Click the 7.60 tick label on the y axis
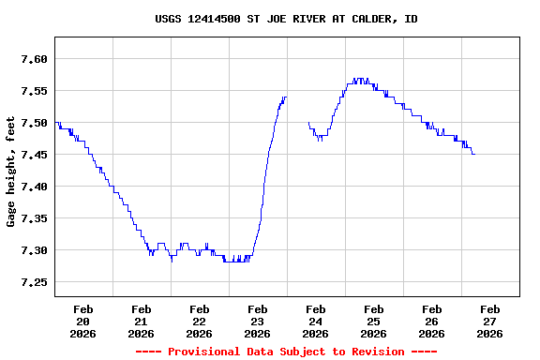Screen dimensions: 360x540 (34, 59)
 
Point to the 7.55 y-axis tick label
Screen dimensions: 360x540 (34, 91)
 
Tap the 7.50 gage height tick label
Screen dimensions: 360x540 (34, 123)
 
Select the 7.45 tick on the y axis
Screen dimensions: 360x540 (34, 155)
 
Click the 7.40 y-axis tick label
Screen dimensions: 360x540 (34, 187)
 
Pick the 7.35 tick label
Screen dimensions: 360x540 (34, 218)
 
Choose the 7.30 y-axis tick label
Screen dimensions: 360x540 (34, 250)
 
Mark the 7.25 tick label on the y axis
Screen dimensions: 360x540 (34, 282)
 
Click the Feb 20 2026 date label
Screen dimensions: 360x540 (83, 321)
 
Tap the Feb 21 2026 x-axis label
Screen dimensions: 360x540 (142, 321)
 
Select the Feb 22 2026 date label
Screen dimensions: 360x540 (200, 321)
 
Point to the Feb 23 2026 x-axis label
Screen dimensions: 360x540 (258, 321)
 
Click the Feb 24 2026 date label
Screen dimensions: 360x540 (316, 321)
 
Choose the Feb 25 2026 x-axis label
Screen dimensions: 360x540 (374, 321)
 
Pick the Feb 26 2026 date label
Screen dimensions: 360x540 (432, 321)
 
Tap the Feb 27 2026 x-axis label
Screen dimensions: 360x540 (490, 321)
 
